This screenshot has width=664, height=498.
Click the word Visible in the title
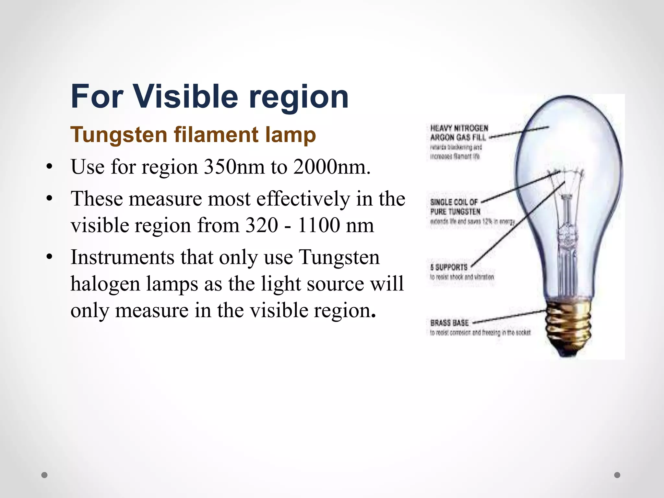pyautogui.click(x=185, y=96)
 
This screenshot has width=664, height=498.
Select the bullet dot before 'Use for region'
pyautogui.click(x=49, y=168)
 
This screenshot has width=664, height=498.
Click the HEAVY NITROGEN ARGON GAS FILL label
pyautogui.click(x=458, y=133)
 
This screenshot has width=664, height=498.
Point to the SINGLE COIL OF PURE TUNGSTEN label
pyautogui.click(x=455, y=207)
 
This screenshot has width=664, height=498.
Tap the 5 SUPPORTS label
pyautogui.click(x=449, y=267)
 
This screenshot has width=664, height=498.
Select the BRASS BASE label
pyautogui.click(x=449, y=323)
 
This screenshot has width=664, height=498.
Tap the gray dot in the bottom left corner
pyautogui.click(x=45, y=475)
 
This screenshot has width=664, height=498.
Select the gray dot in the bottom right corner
pyautogui.click(x=617, y=475)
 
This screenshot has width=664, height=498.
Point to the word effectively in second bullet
pyautogui.click(x=303, y=198)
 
